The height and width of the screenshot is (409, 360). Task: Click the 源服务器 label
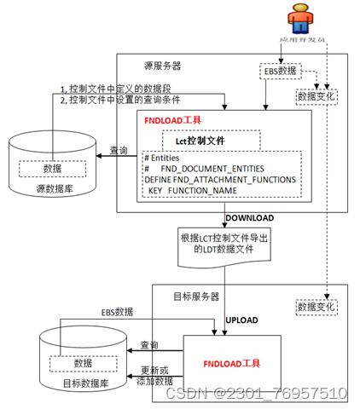(163, 65)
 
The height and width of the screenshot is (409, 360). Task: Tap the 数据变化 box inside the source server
(316, 97)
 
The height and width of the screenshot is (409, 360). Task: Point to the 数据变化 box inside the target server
(316, 304)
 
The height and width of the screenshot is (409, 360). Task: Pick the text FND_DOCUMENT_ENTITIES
(215, 169)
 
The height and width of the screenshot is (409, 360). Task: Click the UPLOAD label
(241, 320)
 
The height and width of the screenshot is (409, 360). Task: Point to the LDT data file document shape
(224, 243)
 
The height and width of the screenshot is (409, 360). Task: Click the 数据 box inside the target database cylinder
(83, 363)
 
